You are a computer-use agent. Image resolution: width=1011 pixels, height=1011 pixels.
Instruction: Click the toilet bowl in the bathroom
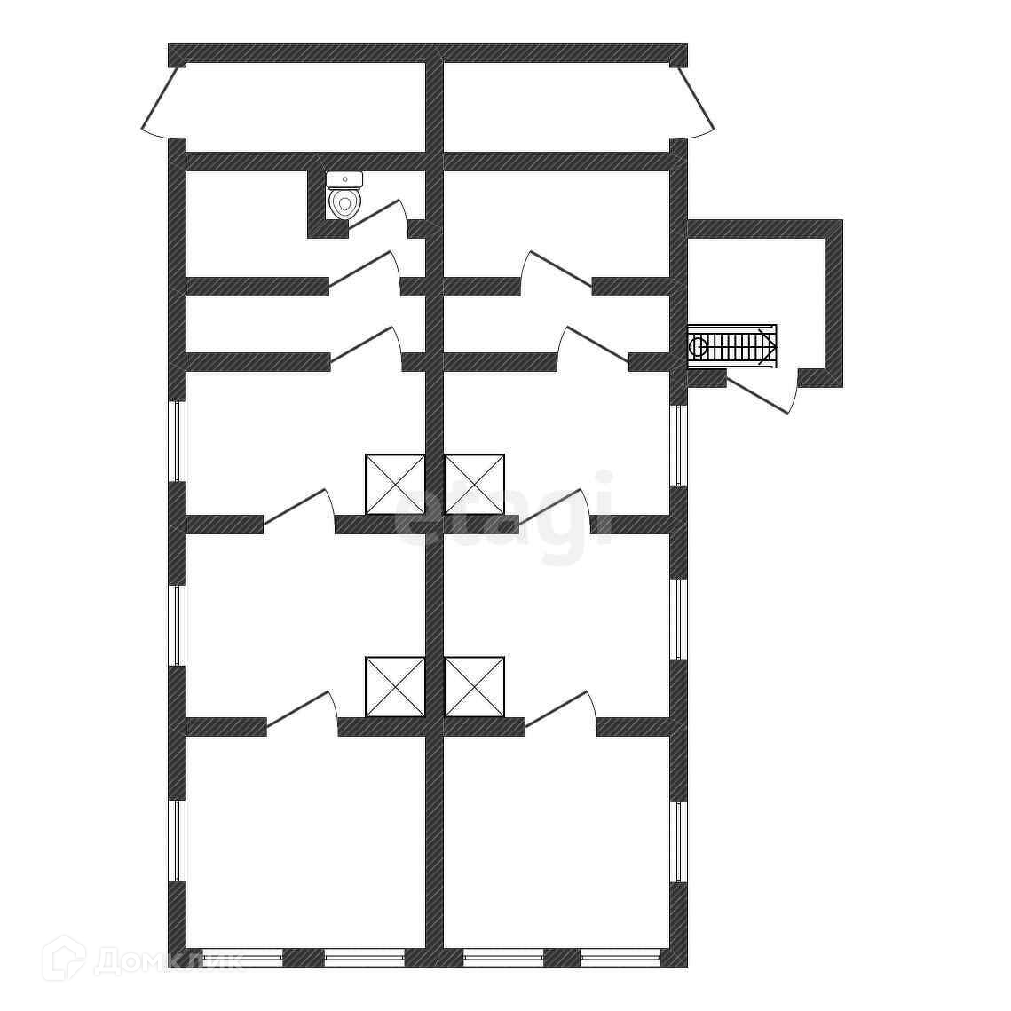click(x=344, y=203)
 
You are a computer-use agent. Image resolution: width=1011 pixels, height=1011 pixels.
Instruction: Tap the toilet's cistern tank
click(x=344, y=179)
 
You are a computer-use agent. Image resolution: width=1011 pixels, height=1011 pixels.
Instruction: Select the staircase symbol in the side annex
click(x=733, y=345)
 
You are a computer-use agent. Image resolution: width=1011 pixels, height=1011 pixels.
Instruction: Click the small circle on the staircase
click(x=699, y=346)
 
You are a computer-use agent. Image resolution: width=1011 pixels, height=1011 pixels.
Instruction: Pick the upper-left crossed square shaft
click(x=395, y=484)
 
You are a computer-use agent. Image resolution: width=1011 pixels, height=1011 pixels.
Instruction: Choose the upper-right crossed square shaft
click(x=474, y=484)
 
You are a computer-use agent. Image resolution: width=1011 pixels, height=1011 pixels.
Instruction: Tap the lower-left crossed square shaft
click(x=395, y=686)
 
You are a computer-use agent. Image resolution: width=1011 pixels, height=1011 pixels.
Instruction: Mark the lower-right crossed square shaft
click(x=474, y=686)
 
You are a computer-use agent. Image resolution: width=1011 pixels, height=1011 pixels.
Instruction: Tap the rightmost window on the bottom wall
click(x=620, y=957)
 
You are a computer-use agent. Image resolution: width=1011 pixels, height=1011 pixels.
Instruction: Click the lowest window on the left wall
click(x=178, y=841)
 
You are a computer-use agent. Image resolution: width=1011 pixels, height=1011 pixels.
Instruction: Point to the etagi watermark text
click(x=504, y=516)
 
